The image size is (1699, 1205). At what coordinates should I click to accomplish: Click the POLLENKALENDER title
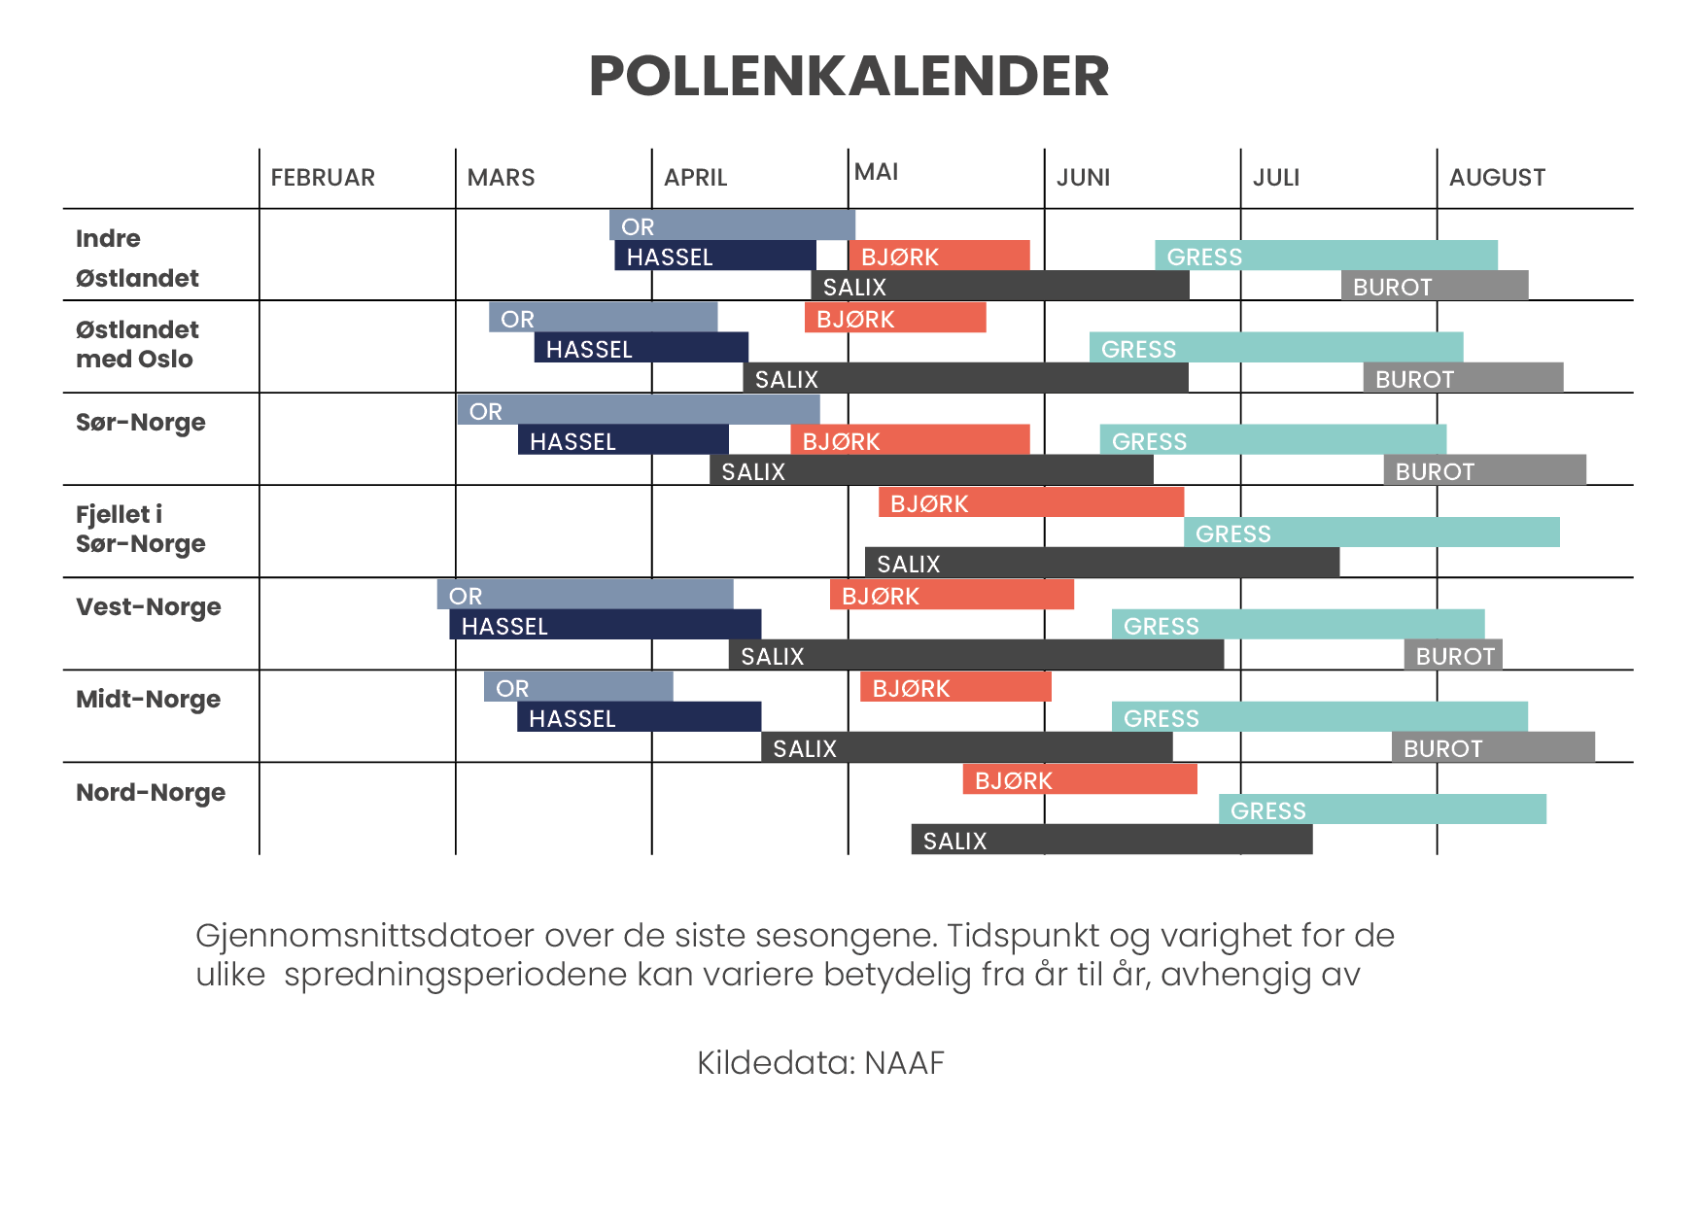tap(849, 76)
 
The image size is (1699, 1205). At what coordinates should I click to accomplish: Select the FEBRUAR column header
tap(323, 178)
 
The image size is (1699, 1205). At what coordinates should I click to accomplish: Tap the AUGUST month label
tap(1497, 178)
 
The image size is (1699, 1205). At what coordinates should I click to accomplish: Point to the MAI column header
tap(876, 172)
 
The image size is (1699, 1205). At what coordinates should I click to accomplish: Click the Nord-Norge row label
tap(151, 792)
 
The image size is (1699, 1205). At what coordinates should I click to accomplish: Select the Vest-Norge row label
tap(149, 606)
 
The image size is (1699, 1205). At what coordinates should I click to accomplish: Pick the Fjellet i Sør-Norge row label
tap(141, 529)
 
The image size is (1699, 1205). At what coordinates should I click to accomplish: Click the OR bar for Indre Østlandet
tap(732, 225)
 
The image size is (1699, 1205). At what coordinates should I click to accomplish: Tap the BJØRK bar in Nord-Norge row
tap(1079, 780)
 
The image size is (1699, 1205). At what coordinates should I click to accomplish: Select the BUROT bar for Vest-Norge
tap(1453, 656)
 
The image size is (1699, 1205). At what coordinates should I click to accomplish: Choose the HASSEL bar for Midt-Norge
tap(639, 718)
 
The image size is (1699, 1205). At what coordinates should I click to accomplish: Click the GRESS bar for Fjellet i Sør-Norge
tap(1370, 534)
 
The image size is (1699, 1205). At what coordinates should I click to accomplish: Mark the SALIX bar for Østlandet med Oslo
tap(965, 379)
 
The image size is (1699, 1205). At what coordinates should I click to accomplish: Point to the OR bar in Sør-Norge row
tap(639, 411)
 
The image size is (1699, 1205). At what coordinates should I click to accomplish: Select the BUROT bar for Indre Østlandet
tap(1434, 287)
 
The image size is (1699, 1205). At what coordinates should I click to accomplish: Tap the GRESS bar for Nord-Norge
tap(1381, 810)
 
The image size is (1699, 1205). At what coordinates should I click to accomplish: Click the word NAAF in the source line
tap(904, 1063)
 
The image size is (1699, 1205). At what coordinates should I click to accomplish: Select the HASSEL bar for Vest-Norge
tap(605, 626)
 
